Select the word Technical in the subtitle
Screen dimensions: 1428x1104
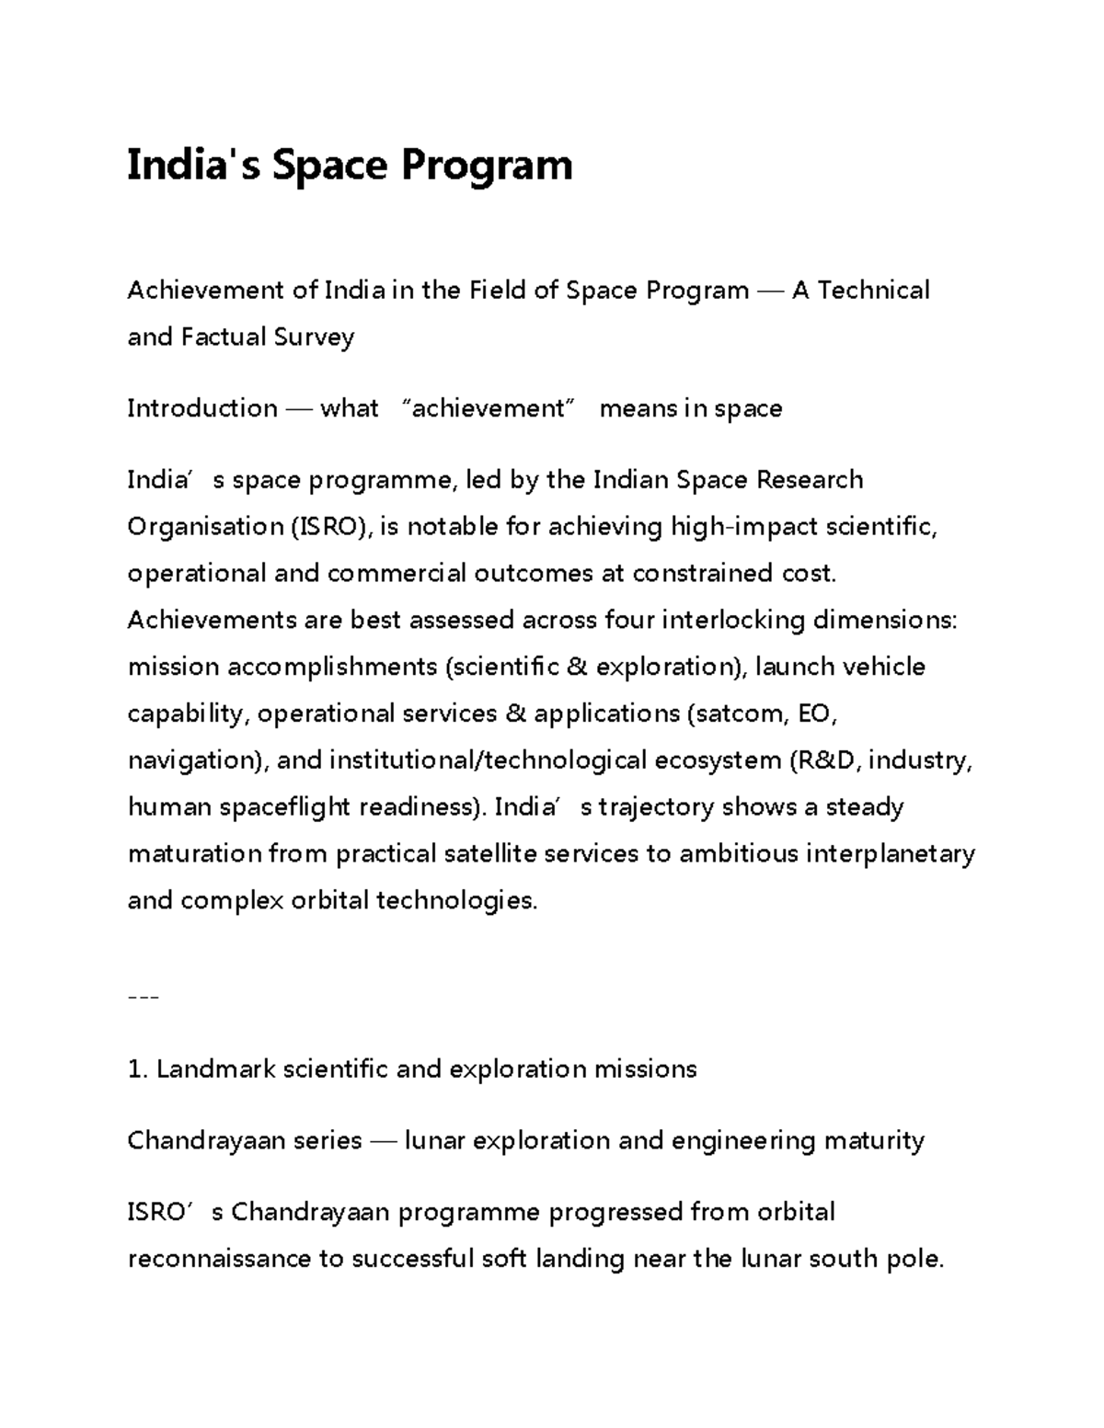(x=873, y=291)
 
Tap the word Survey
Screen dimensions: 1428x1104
(x=314, y=338)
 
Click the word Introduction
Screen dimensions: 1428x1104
(x=202, y=408)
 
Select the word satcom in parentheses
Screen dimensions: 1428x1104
(x=738, y=714)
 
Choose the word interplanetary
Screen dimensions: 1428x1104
(x=890, y=854)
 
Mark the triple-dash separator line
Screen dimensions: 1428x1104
(x=144, y=998)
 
